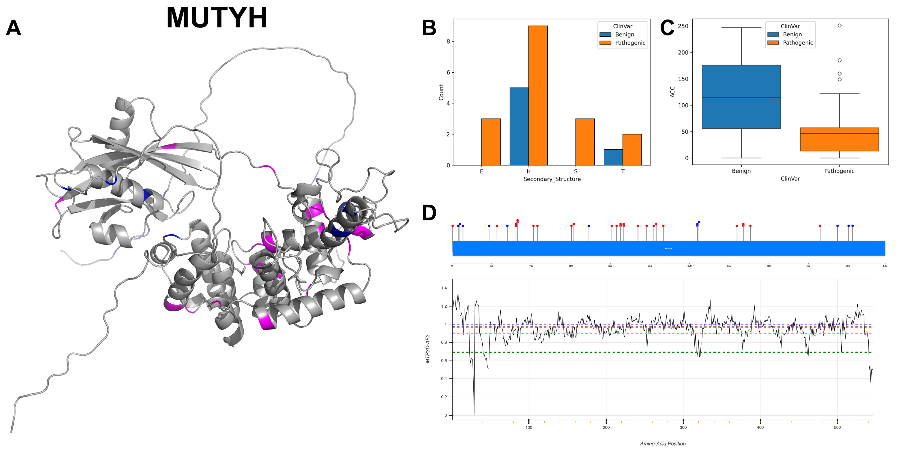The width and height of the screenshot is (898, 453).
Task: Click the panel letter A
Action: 14,28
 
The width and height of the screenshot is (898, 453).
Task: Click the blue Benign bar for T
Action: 613,157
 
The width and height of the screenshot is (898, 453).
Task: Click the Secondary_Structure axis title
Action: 552,179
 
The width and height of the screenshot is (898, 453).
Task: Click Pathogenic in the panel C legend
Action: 798,42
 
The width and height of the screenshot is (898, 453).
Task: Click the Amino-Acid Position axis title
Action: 663,444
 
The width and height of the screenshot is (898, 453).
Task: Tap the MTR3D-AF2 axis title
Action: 428,349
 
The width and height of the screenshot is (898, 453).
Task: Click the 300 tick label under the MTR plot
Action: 683,427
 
